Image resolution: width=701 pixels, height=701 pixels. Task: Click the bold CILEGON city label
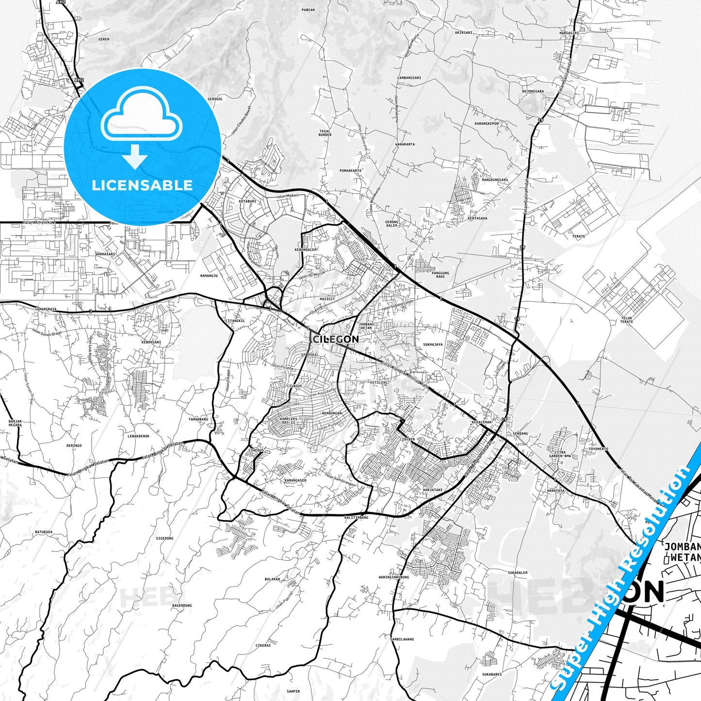point(336,339)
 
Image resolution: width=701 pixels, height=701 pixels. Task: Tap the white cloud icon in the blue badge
point(142,119)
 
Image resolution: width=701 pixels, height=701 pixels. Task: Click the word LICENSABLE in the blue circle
point(142,185)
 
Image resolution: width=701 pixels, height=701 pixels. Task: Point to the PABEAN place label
point(308,10)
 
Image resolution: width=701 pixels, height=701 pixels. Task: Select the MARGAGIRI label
point(569,33)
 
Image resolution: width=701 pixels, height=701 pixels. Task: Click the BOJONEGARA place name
point(533,91)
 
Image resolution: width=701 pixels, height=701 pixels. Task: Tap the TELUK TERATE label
point(626,320)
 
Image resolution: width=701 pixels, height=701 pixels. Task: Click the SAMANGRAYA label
point(46,309)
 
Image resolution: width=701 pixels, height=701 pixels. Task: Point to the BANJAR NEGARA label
point(15,423)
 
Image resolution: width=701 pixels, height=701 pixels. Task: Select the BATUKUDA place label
point(44,532)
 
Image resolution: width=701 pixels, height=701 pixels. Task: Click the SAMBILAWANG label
point(402,639)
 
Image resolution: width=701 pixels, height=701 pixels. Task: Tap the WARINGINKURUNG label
point(394,577)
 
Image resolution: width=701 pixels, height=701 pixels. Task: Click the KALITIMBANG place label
point(357,518)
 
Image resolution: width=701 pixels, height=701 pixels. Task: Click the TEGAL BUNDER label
point(325,132)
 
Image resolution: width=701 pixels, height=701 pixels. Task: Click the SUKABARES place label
point(492,674)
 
